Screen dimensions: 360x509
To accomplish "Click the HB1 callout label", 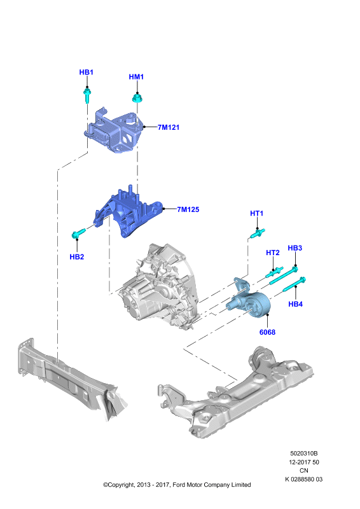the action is click(87, 72).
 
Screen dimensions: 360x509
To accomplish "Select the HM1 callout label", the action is click(136, 77).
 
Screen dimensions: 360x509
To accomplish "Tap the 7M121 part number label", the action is click(169, 127).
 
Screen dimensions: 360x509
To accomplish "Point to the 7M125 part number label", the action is click(188, 209).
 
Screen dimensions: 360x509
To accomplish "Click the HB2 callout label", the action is click(77, 257).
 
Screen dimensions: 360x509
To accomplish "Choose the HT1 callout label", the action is click(257, 213).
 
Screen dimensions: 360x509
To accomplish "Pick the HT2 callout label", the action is click(273, 253).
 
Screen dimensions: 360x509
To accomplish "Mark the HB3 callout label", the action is click(295, 248).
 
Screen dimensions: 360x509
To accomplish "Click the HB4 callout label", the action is click(295, 304).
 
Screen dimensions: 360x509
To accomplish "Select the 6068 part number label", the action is click(268, 332).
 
